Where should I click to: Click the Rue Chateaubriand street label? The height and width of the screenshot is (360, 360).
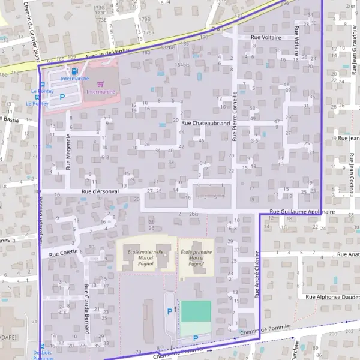(205, 122)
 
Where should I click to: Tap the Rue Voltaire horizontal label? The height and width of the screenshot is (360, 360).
(267, 37)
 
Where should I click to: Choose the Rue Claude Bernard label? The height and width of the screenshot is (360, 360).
(87, 310)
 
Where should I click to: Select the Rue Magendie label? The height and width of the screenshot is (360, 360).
(68, 152)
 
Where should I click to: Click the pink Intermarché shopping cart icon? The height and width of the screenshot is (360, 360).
(100, 84)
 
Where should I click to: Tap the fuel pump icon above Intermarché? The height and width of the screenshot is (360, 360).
(74, 72)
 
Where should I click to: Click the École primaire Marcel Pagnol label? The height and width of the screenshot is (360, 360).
(196, 257)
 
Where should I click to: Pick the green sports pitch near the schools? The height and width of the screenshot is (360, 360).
(196, 311)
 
